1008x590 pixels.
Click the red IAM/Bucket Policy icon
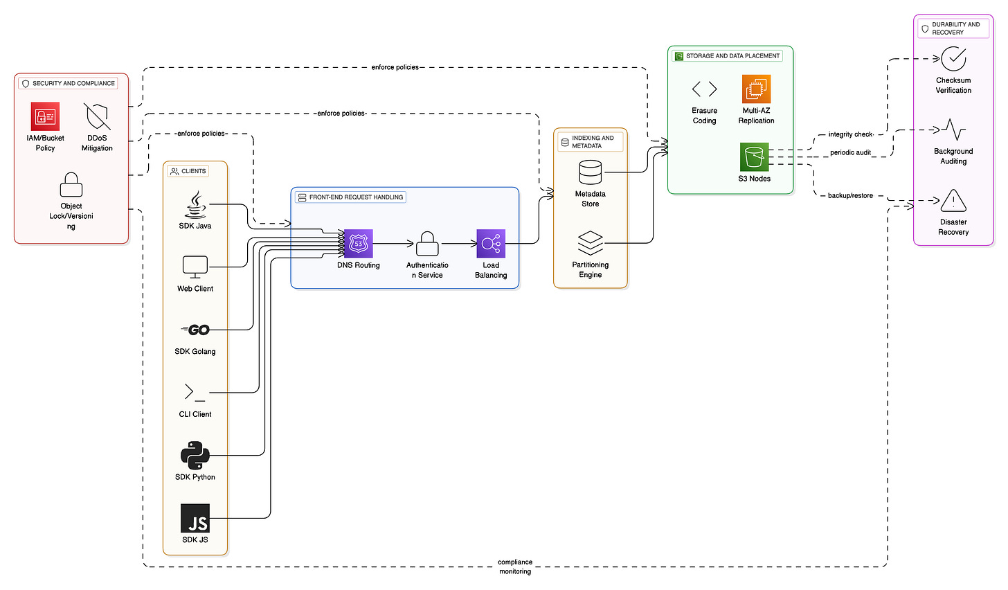[x=45, y=116]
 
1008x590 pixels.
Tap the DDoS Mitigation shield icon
[x=97, y=116]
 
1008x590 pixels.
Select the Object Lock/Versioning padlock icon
[x=71, y=186]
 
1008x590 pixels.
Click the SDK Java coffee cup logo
[x=195, y=205]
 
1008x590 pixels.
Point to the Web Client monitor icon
[x=195, y=267]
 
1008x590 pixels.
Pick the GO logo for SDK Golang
[x=195, y=330]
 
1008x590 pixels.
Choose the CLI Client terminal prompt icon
[x=195, y=393]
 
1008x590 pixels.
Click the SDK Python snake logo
[x=195, y=455]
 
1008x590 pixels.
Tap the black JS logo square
[x=195, y=518]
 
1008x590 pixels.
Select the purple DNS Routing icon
[x=359, y=244]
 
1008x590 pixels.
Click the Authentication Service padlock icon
[x=427, y=244]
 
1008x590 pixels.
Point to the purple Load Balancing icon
[x=491, y=244]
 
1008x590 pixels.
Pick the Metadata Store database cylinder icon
[x=591, y=172]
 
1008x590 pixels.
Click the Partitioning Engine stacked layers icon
[x=591, y=243]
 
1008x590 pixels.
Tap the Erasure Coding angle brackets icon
[x=704, y=89]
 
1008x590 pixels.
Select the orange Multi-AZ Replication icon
[x=756, y=89]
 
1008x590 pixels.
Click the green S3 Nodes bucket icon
[x=754, y=157]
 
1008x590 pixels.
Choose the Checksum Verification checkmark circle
[x=953, y=60]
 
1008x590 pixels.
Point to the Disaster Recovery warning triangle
[x=953, y=201]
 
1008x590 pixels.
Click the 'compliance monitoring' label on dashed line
[x=515, y=566]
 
